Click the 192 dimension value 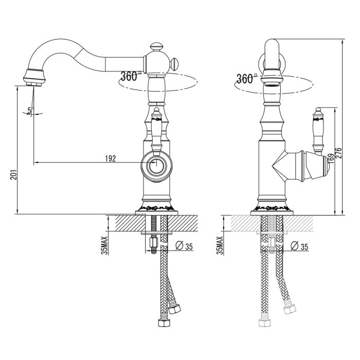(x=111, y=158)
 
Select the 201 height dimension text (x=13, y=175)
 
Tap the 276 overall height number (x=338, y=153)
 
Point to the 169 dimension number (x=331, y=158)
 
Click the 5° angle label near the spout (x=30, y=111)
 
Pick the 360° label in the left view (x=130, y=76)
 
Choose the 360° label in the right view (x=246, y=79)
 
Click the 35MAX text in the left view (x=105, y=245)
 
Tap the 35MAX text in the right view (x=220, y=245)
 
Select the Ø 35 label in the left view (x=184, y=246)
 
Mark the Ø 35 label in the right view (x=299, y=246)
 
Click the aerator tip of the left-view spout (x=34, y=84)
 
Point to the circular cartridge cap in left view (x=156, y=166)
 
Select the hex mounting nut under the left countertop (x=154, y=242)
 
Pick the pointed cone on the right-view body (x=279, y=166)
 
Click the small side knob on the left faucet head (x=174, y=64)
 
